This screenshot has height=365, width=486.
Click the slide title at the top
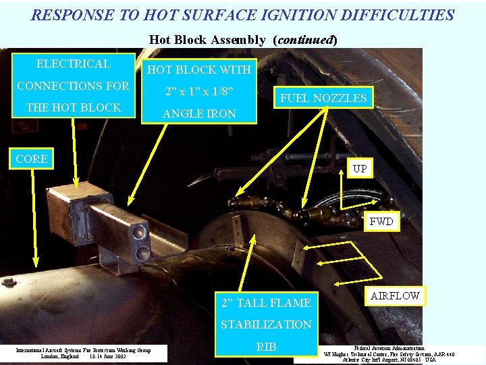(242, 15)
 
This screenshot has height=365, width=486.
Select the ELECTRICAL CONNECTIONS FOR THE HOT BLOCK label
(73, 85)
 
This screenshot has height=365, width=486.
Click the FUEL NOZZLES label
(323, 98)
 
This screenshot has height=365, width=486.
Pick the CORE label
(32, 159)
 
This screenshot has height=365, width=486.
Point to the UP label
(360, 168)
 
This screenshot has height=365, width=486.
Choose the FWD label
(381, 222)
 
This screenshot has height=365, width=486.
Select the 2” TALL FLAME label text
(266, 303)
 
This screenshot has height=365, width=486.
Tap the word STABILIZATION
(266, 324)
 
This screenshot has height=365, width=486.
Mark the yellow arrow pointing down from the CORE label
(35, 216)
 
